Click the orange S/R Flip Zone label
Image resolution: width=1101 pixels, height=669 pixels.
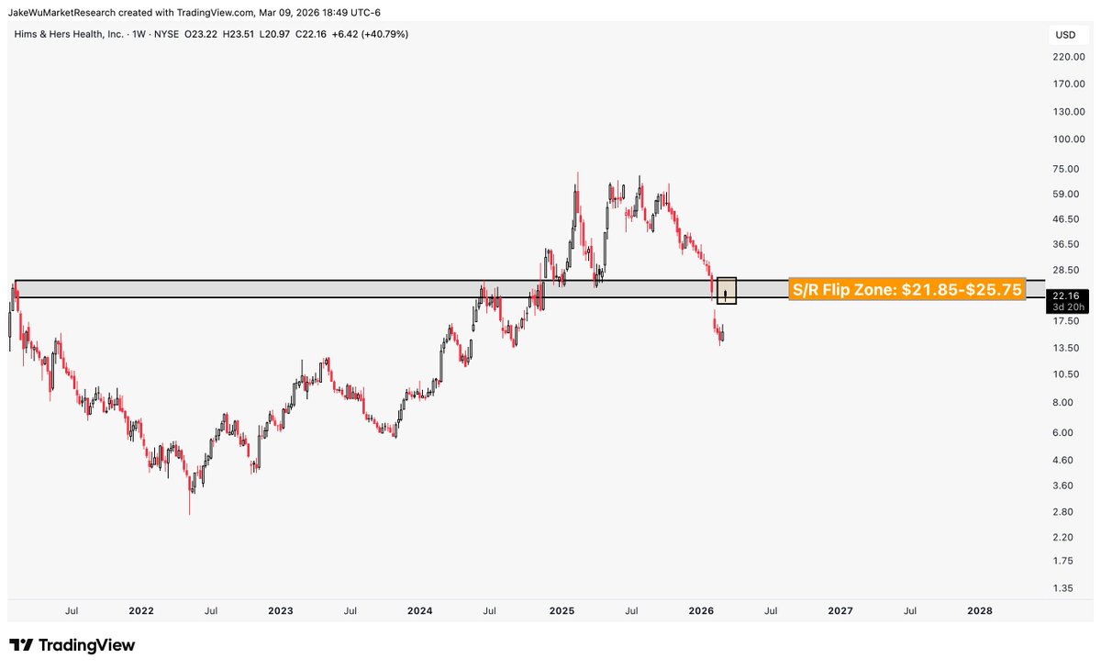coord(906,290)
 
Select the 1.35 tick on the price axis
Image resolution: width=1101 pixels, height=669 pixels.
coord(1063,588)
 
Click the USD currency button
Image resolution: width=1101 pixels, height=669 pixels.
coord(1065,35)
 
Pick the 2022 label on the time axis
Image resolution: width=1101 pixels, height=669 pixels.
coord(141,610)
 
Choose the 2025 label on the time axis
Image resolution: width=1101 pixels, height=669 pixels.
coord(562,610)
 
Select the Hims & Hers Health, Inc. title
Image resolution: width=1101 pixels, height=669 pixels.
coord(70,34)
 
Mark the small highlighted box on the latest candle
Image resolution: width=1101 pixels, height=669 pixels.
coord(726,291)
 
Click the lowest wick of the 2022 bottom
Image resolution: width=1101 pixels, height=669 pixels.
coord(190,513)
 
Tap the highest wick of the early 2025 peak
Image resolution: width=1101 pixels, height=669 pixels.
coord(577,173)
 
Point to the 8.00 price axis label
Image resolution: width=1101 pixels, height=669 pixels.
coord(1063,402)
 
